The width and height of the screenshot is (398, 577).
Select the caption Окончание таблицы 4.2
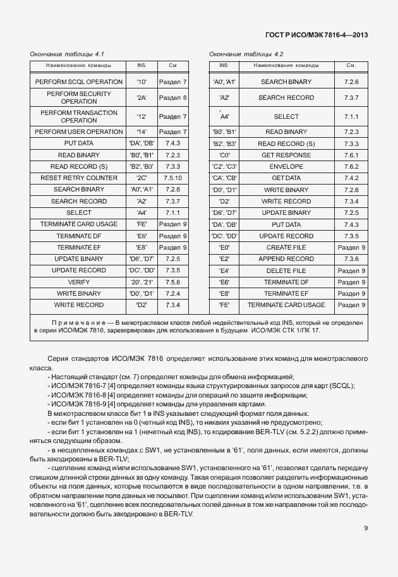[246, 54]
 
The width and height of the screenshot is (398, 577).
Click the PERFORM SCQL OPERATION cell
[79, 82]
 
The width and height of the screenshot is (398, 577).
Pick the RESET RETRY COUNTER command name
[79, 178]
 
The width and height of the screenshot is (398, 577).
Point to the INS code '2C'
[141, 178]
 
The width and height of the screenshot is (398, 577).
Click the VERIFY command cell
[79, 282]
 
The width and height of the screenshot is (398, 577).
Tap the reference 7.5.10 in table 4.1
[172, 178]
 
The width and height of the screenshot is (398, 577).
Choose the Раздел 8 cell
[172, 98]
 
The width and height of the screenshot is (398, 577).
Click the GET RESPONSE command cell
[286, 155]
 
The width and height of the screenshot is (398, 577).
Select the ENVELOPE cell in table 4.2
[286, 167]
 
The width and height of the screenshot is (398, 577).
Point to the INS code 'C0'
[224, 155]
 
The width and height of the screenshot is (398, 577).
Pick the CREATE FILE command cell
[286, 248]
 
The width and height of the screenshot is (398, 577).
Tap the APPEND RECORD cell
[286, 259]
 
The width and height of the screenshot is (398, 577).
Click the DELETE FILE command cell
[286, 270]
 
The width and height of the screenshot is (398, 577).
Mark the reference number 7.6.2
[351, 167]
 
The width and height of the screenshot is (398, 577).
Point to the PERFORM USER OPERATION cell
[79, 132]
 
